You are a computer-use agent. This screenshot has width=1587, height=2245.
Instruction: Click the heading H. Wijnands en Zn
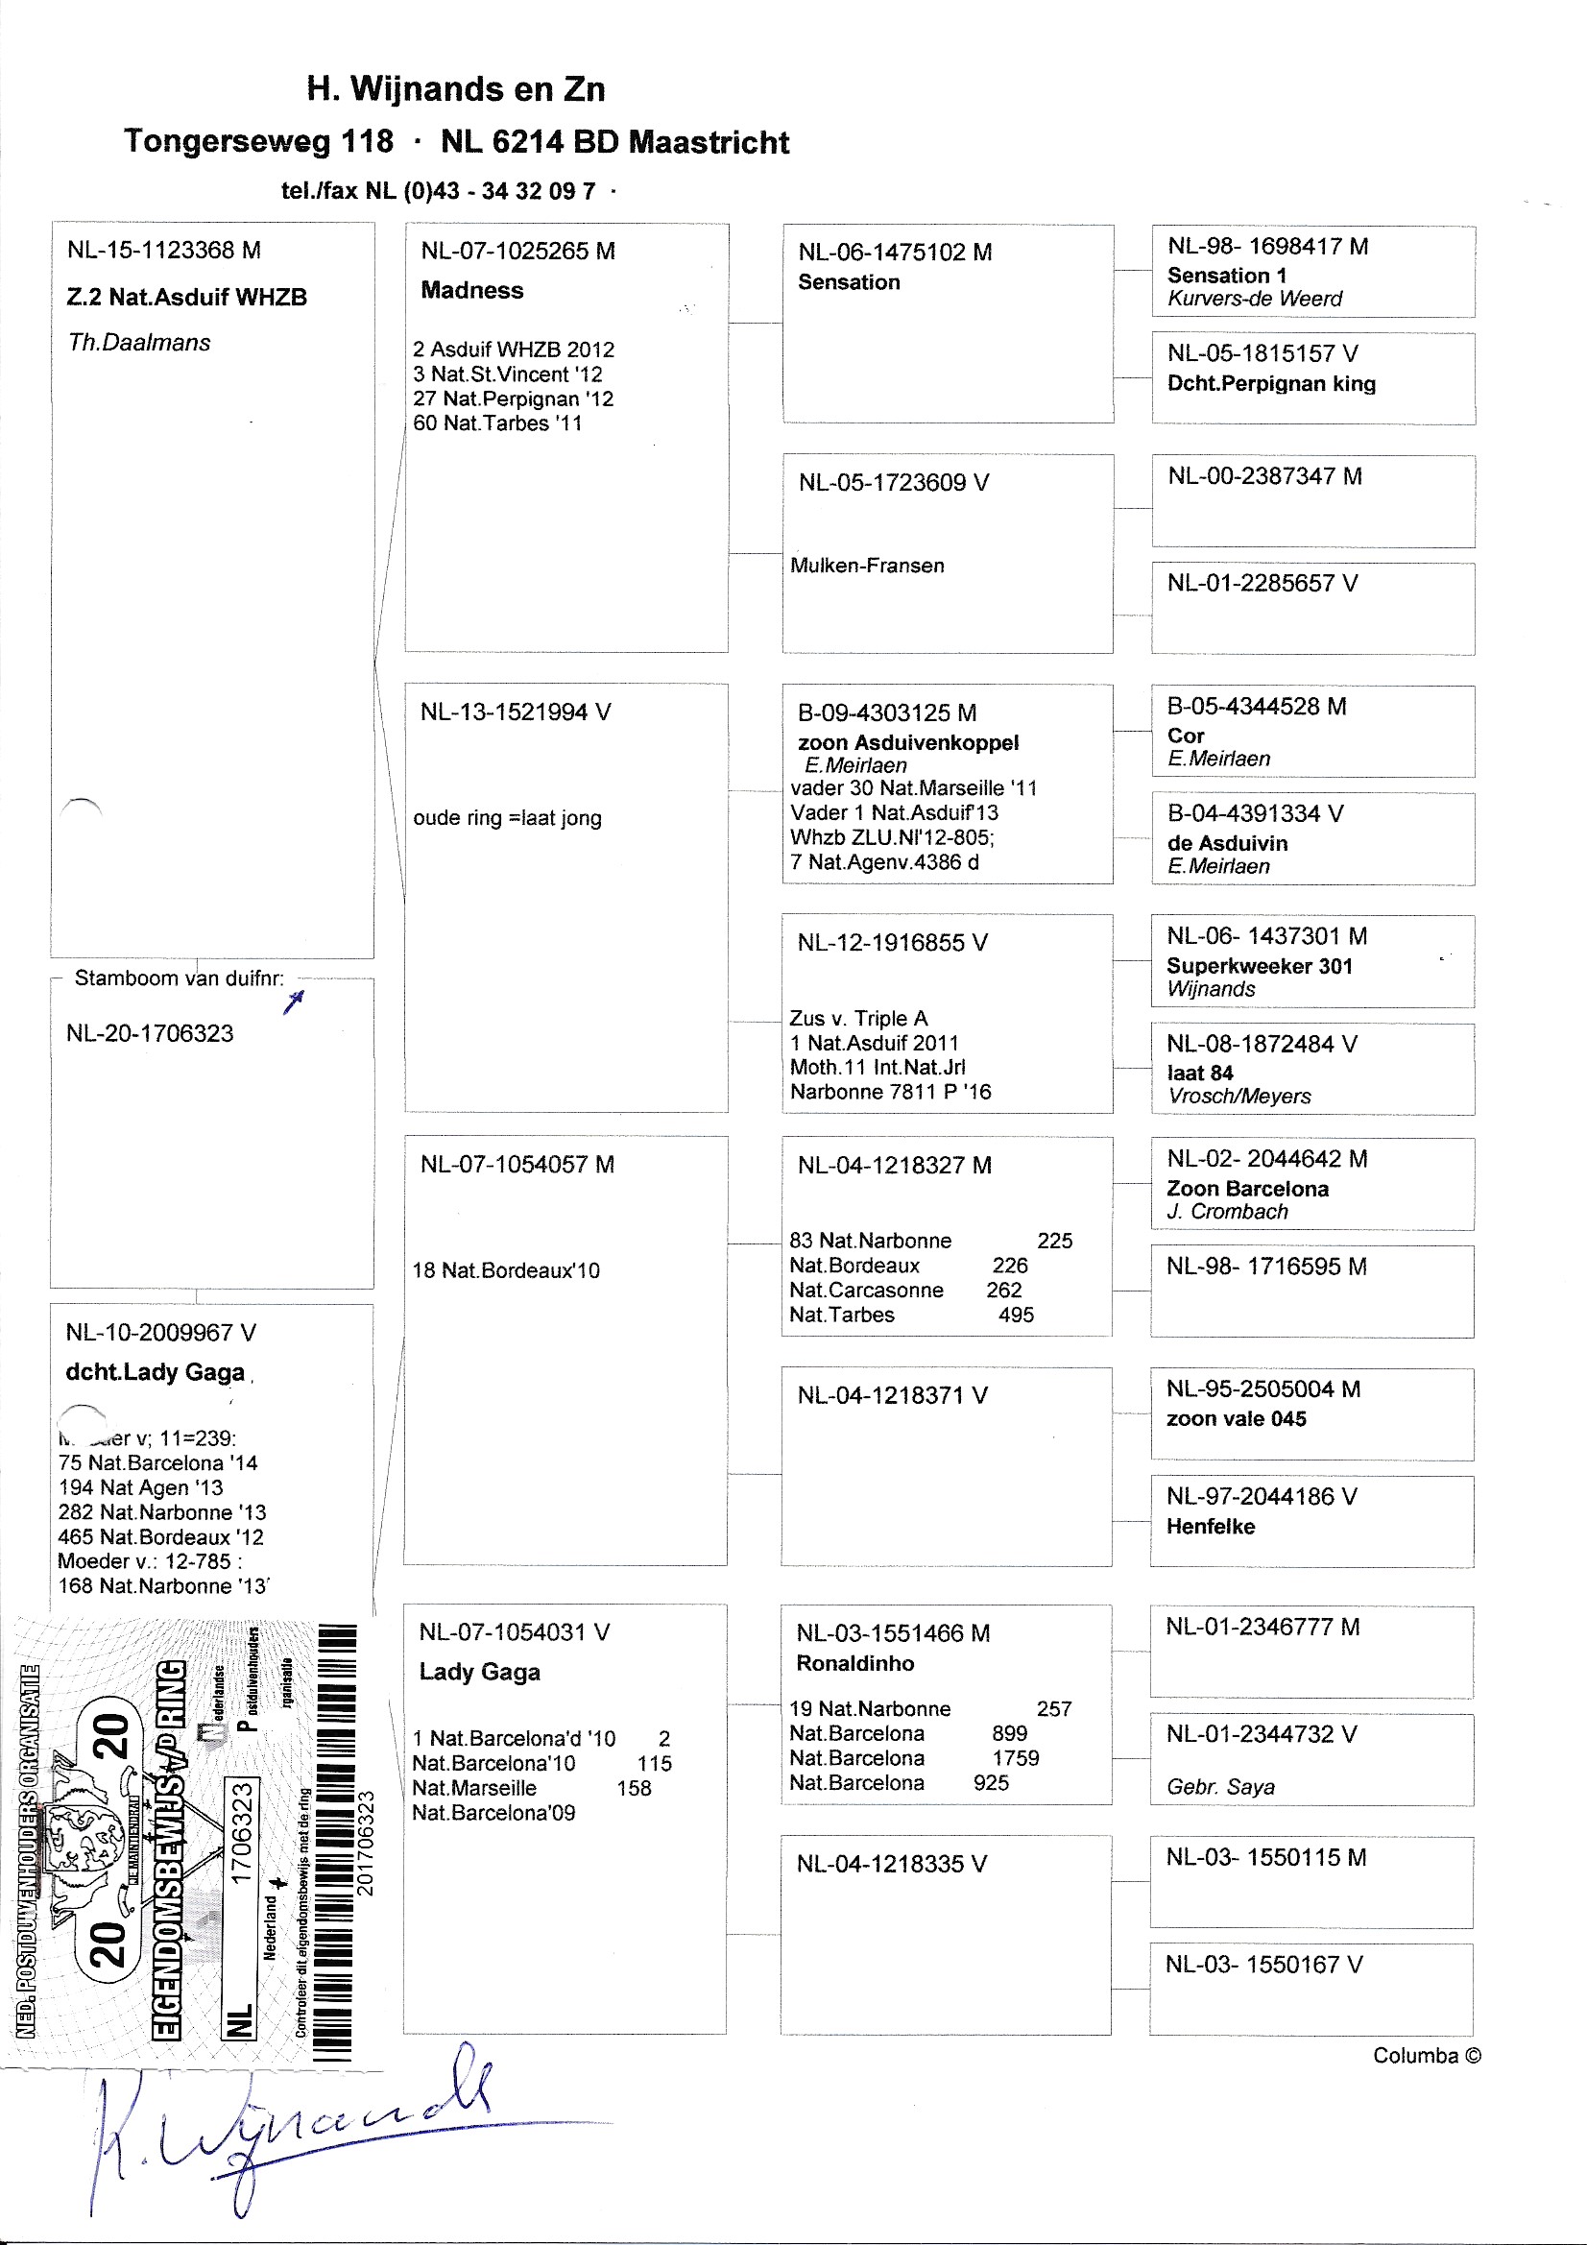pos(456,89)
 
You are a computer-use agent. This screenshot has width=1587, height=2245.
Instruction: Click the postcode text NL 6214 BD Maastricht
pos(614,143)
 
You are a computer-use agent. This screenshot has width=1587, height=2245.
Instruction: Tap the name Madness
pos(471,290)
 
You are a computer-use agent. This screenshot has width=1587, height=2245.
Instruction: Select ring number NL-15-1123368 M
pos(163,251)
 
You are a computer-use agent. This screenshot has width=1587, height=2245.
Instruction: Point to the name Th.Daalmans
pos(139,342)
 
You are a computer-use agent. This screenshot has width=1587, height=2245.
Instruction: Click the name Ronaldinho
pos(854,1663)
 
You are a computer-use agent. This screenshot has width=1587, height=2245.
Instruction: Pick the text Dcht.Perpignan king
pos(1270,383)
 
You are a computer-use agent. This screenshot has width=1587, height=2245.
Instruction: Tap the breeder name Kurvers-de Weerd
pos(1254,300)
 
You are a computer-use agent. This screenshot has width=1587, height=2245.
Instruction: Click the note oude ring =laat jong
pos(507,817)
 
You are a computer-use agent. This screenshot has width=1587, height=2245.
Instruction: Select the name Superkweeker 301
pos(1259,966)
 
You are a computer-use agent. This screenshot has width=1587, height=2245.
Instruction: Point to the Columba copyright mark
pos(1426,2056)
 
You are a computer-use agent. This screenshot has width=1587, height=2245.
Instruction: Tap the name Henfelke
pos(1210,1527)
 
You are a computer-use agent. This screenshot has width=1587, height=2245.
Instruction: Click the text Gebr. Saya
pos(1220,1787)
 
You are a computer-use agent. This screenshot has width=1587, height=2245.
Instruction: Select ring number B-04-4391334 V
pos(1255,813)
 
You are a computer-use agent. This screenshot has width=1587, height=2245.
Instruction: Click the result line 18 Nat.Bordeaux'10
pos(506,1270)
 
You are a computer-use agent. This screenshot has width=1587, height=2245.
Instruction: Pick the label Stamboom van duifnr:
pos(179,978)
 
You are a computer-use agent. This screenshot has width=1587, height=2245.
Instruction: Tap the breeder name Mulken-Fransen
pos(866,566)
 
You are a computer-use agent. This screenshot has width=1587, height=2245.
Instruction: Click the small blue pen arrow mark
pos(295,1001)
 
